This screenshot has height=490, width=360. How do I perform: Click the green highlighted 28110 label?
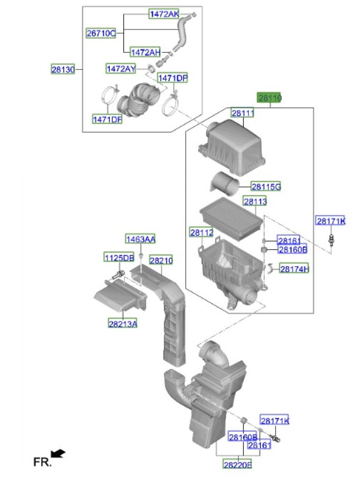[269, 98]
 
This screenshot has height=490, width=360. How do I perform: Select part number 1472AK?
[164, 14]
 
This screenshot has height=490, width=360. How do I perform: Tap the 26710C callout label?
[101, 33]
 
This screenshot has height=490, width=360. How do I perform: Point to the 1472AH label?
[145, 52]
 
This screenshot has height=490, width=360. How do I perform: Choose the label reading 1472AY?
[121, 69]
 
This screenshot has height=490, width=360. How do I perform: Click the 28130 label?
[63, 69]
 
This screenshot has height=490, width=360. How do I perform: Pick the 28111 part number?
[242, 113]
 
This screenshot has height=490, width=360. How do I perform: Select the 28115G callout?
[266, 187]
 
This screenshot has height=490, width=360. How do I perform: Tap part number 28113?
[255, 201]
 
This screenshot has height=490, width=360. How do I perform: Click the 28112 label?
[202, 232]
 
